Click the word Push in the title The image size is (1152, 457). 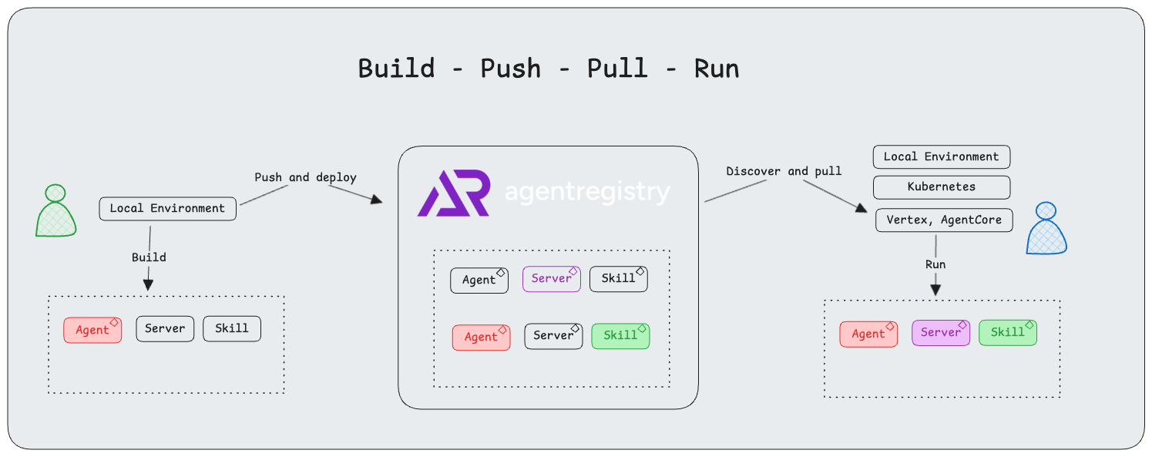click(x=510, y=69)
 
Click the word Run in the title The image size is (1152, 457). click(x=716, y=69)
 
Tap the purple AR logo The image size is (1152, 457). click(x=453, y=193)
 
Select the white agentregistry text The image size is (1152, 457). click(x=587, y=192)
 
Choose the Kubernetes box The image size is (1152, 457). click(x=941, y=187)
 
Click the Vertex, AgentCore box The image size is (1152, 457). click(x=944, y=220)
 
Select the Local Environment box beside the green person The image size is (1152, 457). click(x=167, y=209)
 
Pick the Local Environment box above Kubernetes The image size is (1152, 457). click(x=941, y=157)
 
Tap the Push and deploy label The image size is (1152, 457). click(x=305, y=177)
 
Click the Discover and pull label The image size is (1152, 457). click(x=784, y=171)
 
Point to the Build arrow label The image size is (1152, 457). click(x=149, y=257)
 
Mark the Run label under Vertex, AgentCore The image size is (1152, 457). click(x=935, y=264)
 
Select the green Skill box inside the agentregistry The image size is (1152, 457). click(x=620, y=336)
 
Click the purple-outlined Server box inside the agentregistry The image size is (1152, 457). click(x=551, y=279)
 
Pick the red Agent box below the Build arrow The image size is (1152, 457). click(x=92, y=331)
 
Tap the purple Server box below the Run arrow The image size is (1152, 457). click(x=941, y=333)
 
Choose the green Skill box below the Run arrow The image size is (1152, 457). click(x=1007, y=333)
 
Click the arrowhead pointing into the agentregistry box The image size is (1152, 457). click(x=376, y=200)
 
